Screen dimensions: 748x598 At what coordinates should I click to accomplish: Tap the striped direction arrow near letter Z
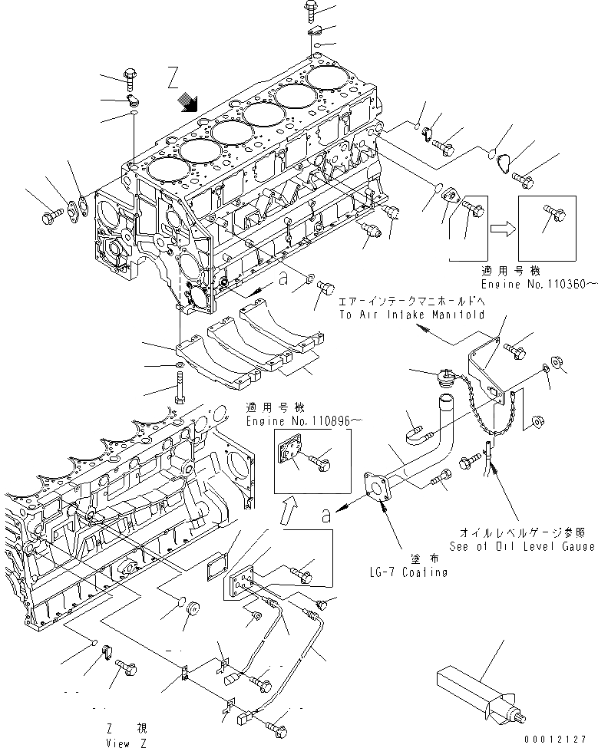[187, 101]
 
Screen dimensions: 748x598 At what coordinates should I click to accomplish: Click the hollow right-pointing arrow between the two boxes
[504, 226]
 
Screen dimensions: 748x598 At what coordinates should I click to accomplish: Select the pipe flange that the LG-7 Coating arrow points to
[379, 488]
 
